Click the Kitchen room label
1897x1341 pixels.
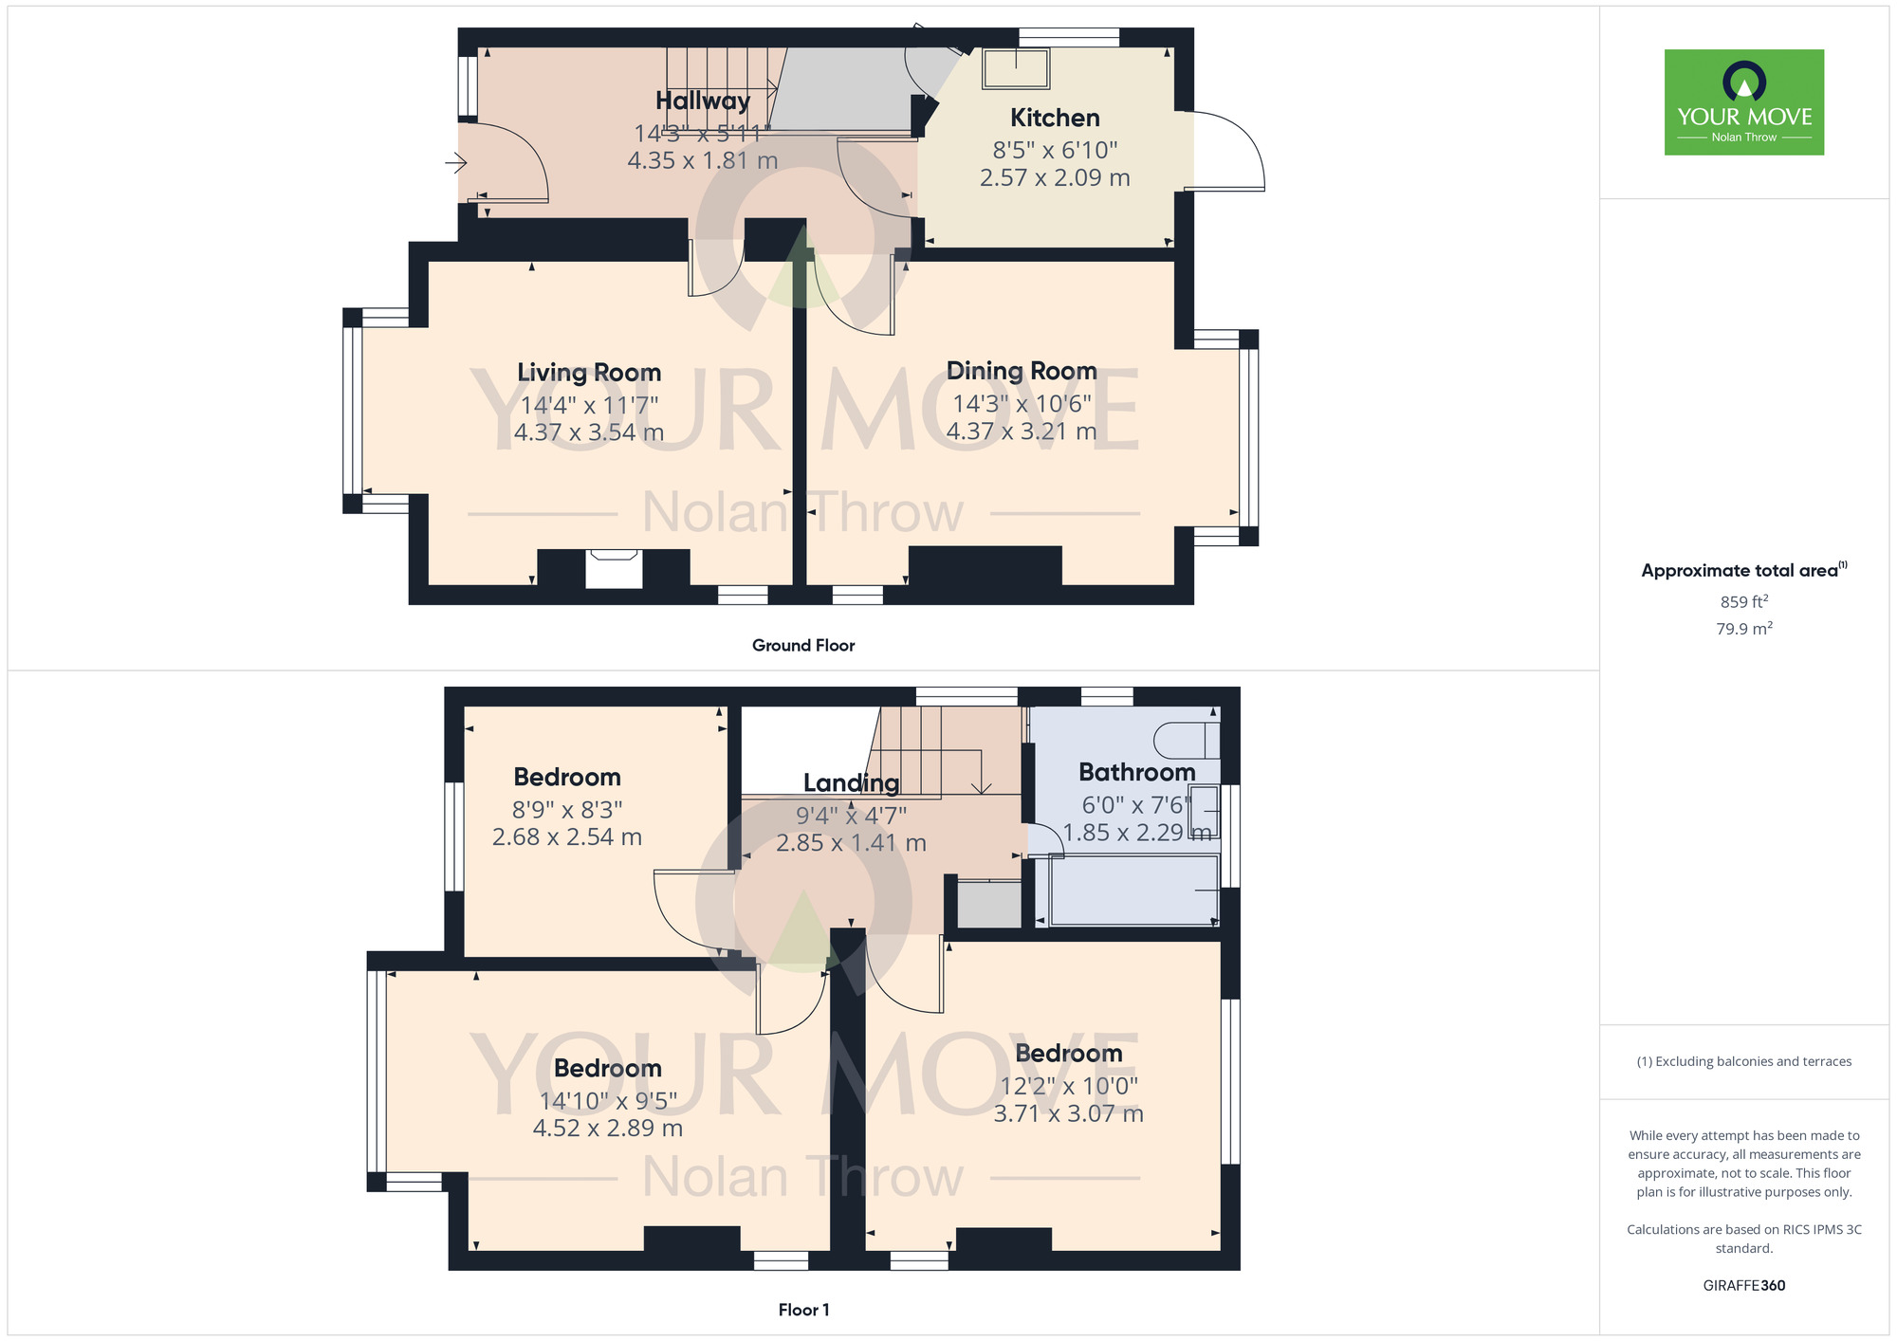[1055, 118]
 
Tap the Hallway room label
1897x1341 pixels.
[703, 101]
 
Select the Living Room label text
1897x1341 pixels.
[589, 373]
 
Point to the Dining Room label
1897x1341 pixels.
[1022, 371]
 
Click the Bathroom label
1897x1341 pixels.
[1136, 772]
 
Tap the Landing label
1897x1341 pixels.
[851, 782]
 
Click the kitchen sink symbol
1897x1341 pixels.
[1016, 68]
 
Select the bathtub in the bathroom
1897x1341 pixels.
[1133, 890]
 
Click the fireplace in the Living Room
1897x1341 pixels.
[614, 569]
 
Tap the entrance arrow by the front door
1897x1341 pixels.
[456, 164]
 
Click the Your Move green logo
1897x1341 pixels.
[1743, 102]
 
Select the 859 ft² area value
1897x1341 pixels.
[1743, 602]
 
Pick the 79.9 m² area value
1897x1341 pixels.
[1743, 629]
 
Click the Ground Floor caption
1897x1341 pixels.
[803, 646]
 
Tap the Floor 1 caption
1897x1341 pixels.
[803, 1310]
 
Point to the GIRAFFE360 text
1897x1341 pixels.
[1743, 1286]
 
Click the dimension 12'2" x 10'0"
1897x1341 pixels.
[1069, 1086]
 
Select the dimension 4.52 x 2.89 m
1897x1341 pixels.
[608, 1129]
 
